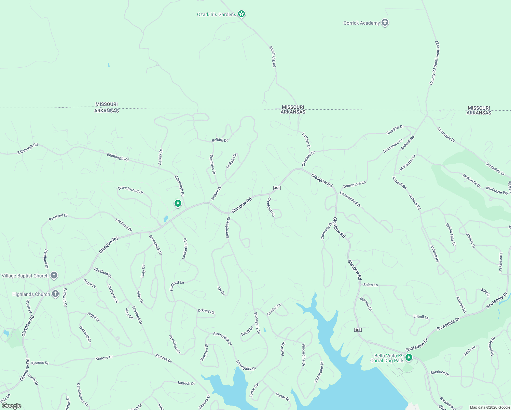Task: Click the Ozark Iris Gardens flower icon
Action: tap(241, 14)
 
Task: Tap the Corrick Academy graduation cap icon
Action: tap(385, 23)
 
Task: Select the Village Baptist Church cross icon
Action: tap(54, 275)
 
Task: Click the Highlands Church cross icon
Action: tap(55, 294)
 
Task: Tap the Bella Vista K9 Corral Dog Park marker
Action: tap(409, 358)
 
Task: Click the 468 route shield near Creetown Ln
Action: tap(277, 188)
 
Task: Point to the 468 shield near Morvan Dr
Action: tap(358, 330)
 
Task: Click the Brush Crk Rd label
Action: tap(272, 57)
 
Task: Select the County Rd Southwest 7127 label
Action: tap(434, 63)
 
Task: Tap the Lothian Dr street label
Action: tap(306, 140)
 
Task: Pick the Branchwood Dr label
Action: tap(130, 190)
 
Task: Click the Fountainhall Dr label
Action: tap(350, 199)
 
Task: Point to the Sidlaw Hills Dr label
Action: tap(451, 234)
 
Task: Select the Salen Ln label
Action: tap(370, 285)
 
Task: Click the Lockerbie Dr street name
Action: tap(185, 248)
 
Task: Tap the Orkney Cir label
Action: tap(206, 311)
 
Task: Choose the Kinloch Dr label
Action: tap(186, 383)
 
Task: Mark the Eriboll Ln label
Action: tap(420, 317)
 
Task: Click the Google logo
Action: tap(12, 406)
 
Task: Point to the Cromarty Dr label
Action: tap(327, 231)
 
